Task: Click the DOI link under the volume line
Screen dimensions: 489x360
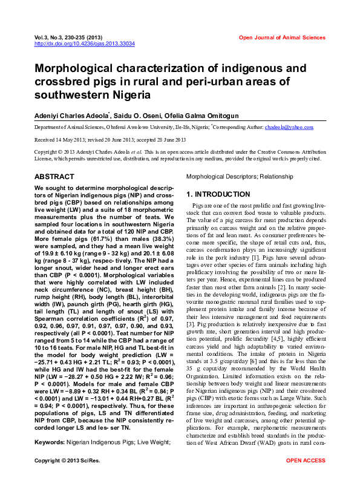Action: point(84,44)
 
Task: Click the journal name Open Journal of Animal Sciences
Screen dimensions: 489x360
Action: point(282,38)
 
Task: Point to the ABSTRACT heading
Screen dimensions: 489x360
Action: point(54,177)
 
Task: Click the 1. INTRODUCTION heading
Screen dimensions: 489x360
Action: point(218,194)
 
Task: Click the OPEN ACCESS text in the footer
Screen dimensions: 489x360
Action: point(305,478)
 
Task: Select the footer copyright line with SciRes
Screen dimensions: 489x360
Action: point(68,478)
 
